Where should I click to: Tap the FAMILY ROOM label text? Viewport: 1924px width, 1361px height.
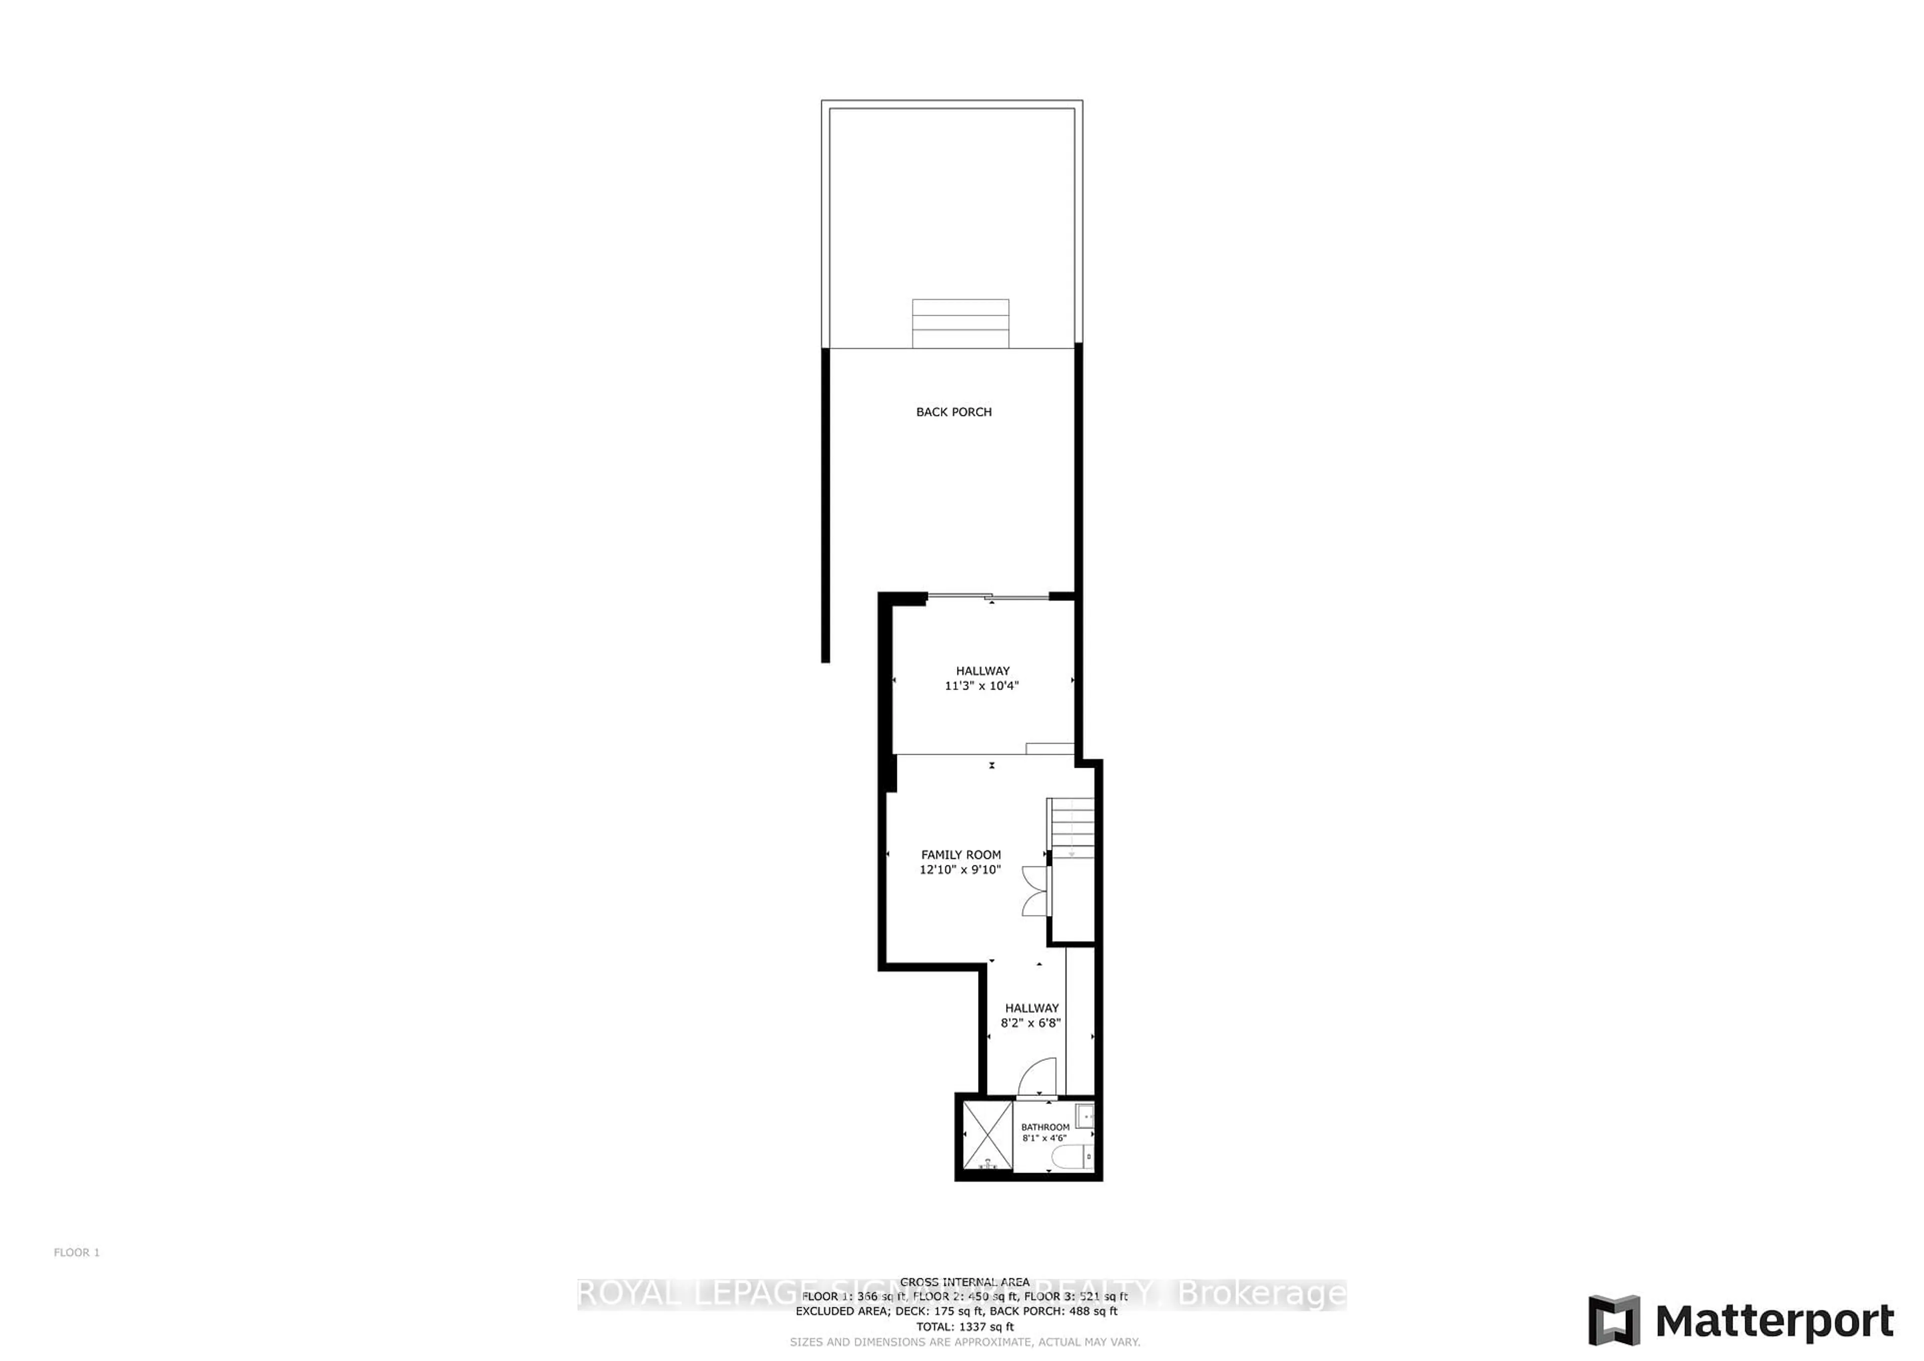(960, 855)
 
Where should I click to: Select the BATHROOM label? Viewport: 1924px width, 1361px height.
(1045, 1127)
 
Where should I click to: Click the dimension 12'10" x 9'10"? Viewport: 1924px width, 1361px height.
(960, 870)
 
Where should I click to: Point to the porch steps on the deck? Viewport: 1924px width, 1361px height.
(960, 324)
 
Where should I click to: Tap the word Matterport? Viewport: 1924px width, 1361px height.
(1775, 1322)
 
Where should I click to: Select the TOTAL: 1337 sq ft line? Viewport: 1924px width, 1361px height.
(965, 1326)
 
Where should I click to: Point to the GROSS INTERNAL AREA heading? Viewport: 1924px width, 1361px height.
(965, 1281)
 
